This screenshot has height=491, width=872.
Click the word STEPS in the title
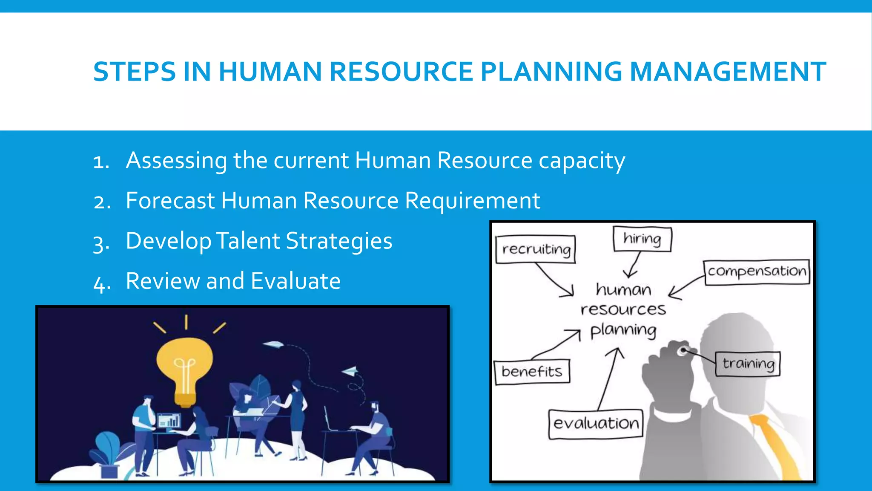(x=134, y=72)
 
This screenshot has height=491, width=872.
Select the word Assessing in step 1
(x=176, y=161)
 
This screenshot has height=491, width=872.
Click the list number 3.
(x=100, y=243)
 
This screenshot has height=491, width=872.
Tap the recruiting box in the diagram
(x=536, y=249)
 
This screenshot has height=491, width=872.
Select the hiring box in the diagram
(x=642, y=239)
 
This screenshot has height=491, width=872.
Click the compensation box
(x=757, y=272)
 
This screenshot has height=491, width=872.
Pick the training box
(x=748, y=364)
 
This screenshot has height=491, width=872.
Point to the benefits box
(x=532, y=372)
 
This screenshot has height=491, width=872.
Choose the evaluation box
(x=595, y=424)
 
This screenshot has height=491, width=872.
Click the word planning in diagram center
(x=623, y=330)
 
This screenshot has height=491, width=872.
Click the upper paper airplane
(x=273, y=344)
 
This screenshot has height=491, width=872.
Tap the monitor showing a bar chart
(x=169, y=421)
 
